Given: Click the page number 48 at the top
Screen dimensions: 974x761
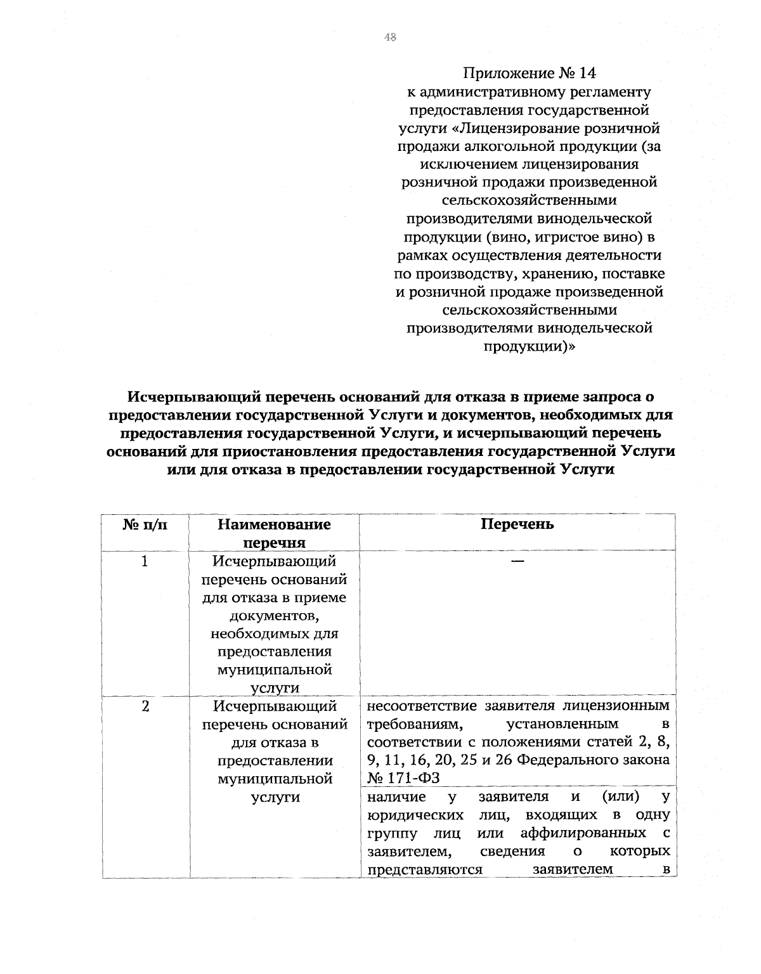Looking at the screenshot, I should point(389,37).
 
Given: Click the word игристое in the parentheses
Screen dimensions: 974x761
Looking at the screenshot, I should point(575,238).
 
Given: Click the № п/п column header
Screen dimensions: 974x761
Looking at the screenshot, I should point(145,524).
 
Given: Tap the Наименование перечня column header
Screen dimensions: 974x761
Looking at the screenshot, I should point(274,533).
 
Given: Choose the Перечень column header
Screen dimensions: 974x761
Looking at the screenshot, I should point(517,524).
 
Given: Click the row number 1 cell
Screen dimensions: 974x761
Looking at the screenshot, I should point(145,561).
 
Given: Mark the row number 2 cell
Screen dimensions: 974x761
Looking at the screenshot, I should point(145,706).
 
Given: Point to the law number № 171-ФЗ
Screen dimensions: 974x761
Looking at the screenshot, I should point(404,778).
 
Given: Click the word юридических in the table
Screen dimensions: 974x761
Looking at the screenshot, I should point(415,814).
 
